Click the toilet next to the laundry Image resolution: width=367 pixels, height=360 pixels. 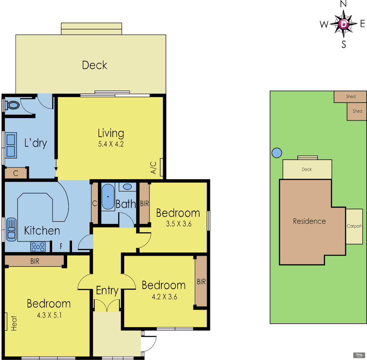pos(12,105)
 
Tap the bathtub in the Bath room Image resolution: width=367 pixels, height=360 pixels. pos(108,197)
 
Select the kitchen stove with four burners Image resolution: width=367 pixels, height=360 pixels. pos(38,247)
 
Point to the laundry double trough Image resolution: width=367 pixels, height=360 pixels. pos(11,145)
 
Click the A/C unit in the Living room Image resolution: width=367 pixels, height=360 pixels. pos(161,167)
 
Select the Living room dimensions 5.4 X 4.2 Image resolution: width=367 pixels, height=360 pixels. pos(111,145)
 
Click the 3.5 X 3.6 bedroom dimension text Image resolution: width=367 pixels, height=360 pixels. pos(178,224)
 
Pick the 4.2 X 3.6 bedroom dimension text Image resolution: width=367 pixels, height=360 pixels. pos(164,296)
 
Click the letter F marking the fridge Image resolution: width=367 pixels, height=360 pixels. pos(61,247)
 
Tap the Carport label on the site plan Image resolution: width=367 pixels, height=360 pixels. pos(354,226)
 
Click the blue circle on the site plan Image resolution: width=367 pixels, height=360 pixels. pos(277,153)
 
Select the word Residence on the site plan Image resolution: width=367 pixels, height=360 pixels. pos(309,221)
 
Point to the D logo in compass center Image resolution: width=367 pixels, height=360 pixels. pos(344,24)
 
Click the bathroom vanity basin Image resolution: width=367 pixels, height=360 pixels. pos(127,187)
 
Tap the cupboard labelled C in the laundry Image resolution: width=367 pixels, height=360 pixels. pos(16,173)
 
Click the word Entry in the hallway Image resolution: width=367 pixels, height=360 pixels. pos(107,290)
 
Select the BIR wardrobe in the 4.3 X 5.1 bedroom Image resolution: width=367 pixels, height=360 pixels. pos(35,261)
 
